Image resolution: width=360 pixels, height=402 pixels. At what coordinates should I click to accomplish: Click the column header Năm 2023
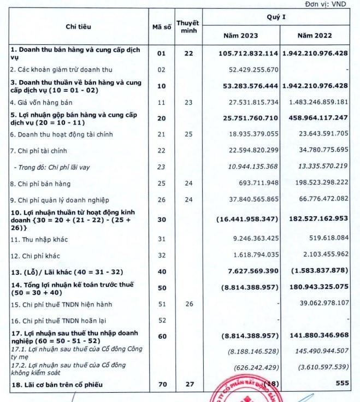click(x=241, y=36)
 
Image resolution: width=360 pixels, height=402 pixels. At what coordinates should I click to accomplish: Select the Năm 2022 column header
click(x=314, y=36)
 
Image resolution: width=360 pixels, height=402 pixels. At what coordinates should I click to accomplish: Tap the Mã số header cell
click(x=161, y=26)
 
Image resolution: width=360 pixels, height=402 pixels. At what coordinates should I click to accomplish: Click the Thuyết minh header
click(x=188, y=26)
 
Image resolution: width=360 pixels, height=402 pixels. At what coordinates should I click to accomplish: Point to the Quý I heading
click(x=276, y=17)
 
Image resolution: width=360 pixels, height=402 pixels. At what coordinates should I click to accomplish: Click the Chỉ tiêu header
click(x=79, y=26)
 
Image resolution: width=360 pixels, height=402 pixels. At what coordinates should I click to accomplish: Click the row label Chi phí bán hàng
click(x=41, y=184)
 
